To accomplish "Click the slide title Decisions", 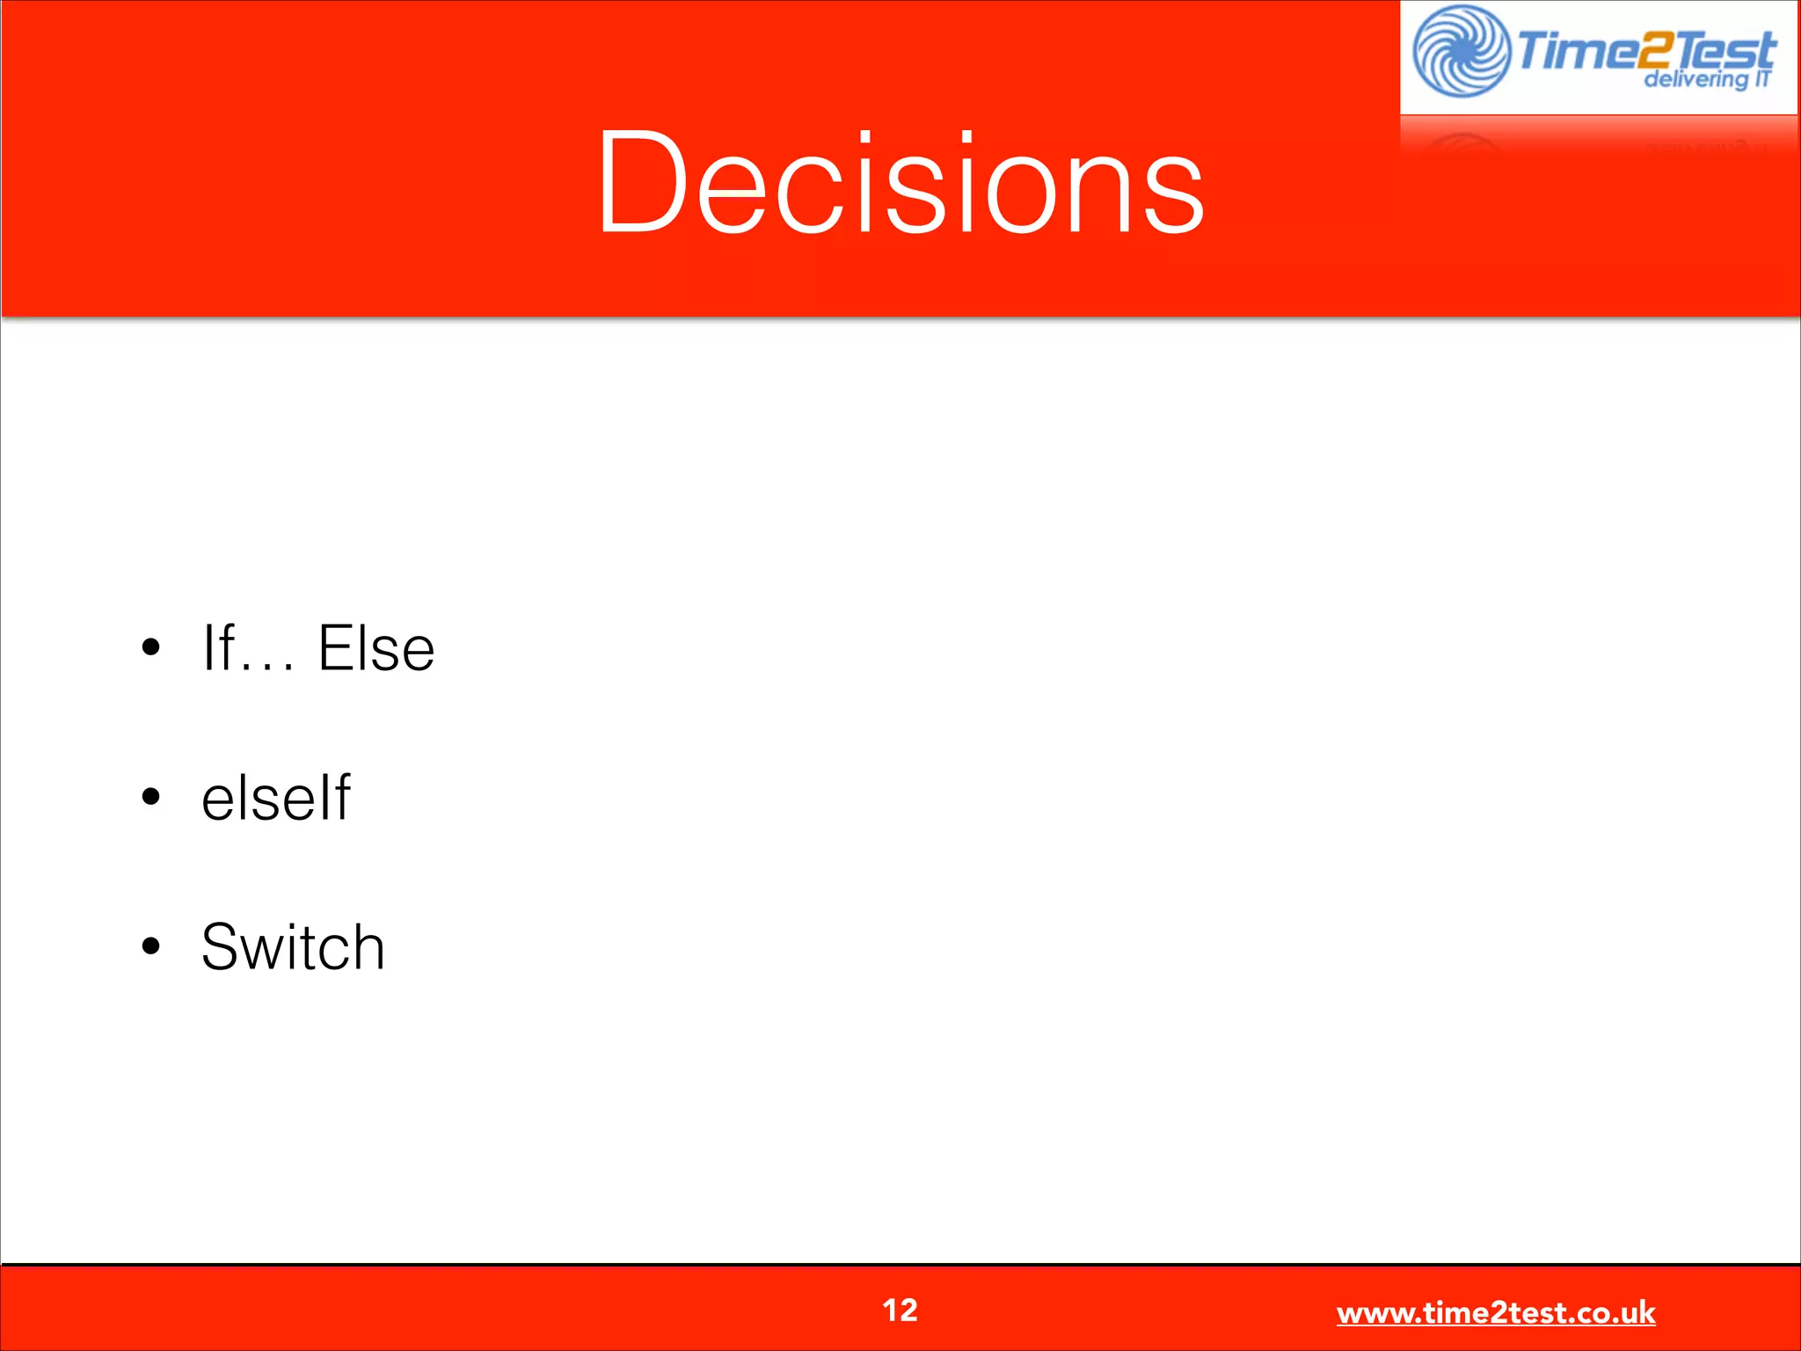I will (900, 182).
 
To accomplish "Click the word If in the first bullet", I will (218, 648).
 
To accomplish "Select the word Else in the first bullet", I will (376, 648).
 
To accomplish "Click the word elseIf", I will (275, 798).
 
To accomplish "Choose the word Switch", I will (293, 947).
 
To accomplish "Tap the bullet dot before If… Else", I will (151, 648).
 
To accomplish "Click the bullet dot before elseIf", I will (151, 798).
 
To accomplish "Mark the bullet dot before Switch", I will (151, 946).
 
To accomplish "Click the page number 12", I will (900, 1311).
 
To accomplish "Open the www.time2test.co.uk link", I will (1495, 1313).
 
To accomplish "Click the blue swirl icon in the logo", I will (1461, 51).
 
